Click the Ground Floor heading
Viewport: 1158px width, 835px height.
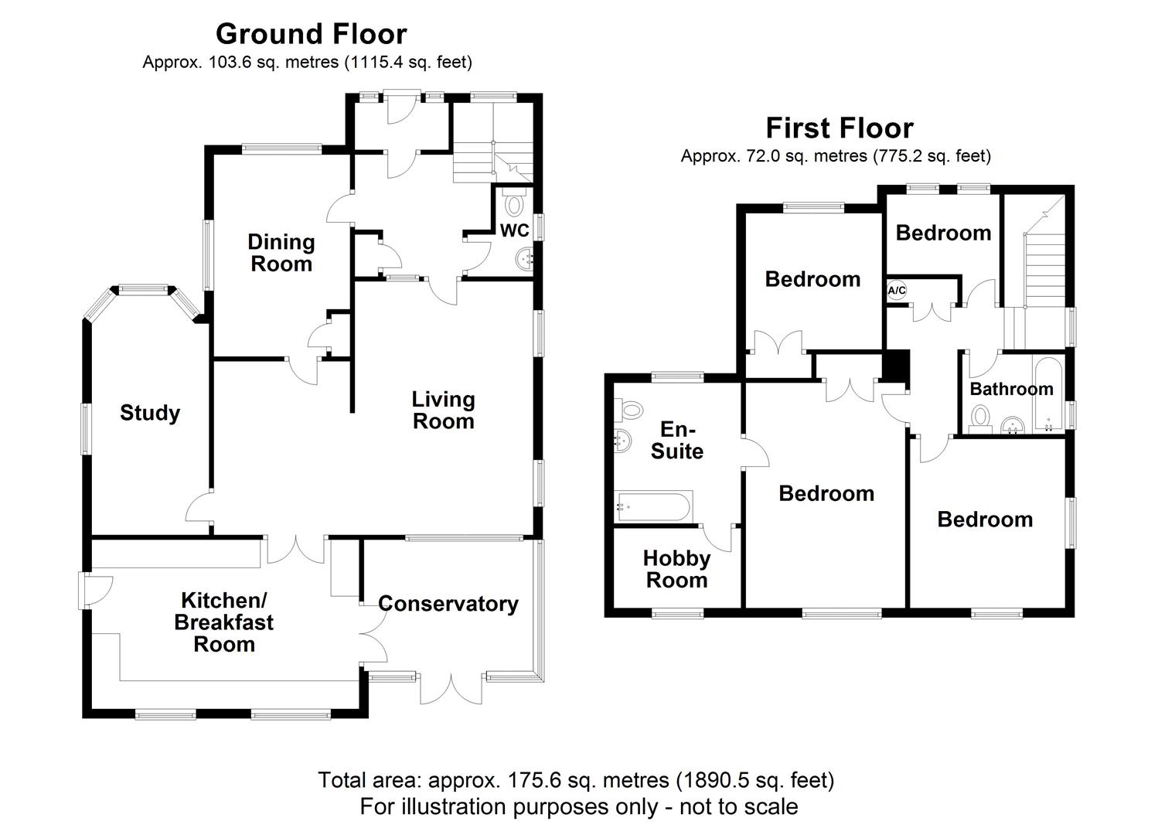(x=312, y=34)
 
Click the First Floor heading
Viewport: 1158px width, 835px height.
(x=840, y=128)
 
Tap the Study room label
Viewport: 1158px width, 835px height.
(x=150, y=413)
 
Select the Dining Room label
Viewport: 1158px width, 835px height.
(x=281, y=253)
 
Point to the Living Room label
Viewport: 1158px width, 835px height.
(x=444, y=410)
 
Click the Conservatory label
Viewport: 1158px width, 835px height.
(x=448, y=604)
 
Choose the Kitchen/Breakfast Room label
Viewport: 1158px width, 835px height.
(x=224, y=622)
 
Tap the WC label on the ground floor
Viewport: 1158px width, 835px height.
(x=514, y=230)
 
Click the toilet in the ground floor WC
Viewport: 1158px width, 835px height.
(x=513, y=202)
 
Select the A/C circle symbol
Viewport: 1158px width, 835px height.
(x=897, y=290)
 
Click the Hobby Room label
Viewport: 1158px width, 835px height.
(x=676, y=569)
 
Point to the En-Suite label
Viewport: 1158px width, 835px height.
(x=677, y=441)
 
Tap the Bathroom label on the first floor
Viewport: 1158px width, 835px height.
(x=1011, y=389)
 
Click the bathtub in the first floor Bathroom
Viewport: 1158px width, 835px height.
(x=1048, y=395)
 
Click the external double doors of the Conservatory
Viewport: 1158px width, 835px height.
(x=451, y=688)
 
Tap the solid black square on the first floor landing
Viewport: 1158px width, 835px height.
(x=895, y=366)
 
